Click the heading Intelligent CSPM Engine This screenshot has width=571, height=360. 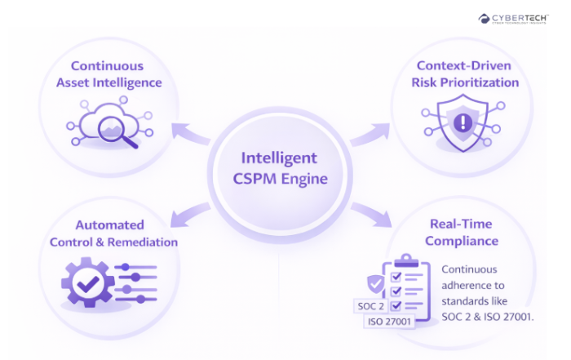[279, 167]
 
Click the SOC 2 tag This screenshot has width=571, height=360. [370, 306]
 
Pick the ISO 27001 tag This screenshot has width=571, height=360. [389, 322]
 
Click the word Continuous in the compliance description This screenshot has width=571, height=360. [468, 269]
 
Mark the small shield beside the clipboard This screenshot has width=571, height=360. [375, 285]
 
